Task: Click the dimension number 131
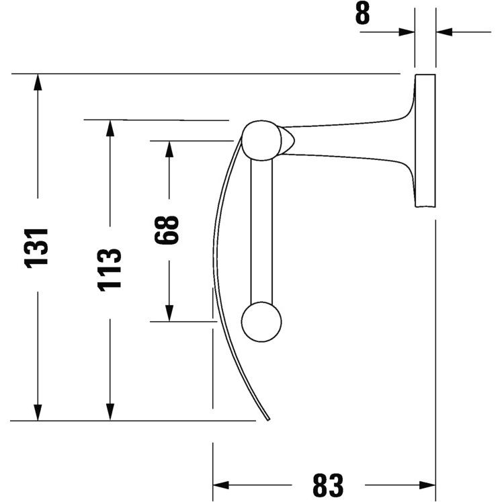[x=36, y=248]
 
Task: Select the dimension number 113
[x=110, y=270]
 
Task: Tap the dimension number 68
[x=167, y=230]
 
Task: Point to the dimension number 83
[x=328, y=485]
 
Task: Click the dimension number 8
[x=362, y=13]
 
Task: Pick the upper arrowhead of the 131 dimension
[x=38, y=82]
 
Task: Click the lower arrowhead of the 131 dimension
[x=38, y=413]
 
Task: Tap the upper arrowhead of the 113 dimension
[x=110, y=128]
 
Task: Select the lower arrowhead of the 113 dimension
[x=110, y=413]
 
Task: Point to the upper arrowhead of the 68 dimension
[x=169, y=149]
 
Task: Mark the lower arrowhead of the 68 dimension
[x=169, y=313]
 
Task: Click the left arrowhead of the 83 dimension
[x=221, y=485]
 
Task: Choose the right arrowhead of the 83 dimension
[x=427, y=485]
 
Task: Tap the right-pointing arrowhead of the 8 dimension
[x=407, y=32]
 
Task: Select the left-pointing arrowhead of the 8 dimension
[x=444, y=32]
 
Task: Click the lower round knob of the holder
[x=261, y=322]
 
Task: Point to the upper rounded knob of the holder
[x=261, y=140]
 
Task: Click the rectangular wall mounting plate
[x=425, y=140]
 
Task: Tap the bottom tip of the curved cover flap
[x=269, y=419]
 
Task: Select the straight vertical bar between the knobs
[x=261, y=231]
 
